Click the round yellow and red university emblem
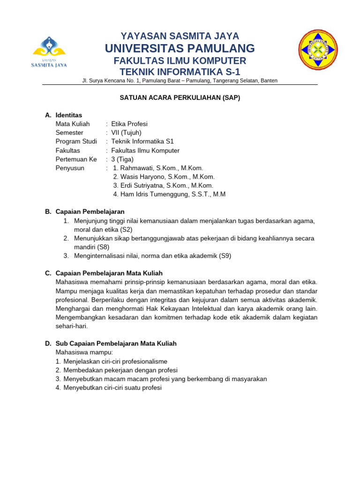coord(318,50)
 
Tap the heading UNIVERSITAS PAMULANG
coord(180,48)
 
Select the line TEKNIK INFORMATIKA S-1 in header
coord(180,72)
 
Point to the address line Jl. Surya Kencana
coord(180,81)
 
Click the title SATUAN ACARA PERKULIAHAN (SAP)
coord(180,97)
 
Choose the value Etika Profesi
coord(129,124)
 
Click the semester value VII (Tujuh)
coord(126,133)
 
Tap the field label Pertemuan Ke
coord(76,159)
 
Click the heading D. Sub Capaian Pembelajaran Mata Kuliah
coord(116,344)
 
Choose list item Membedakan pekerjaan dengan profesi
coord(120,370)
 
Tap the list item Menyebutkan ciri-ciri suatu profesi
coord(112,388)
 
